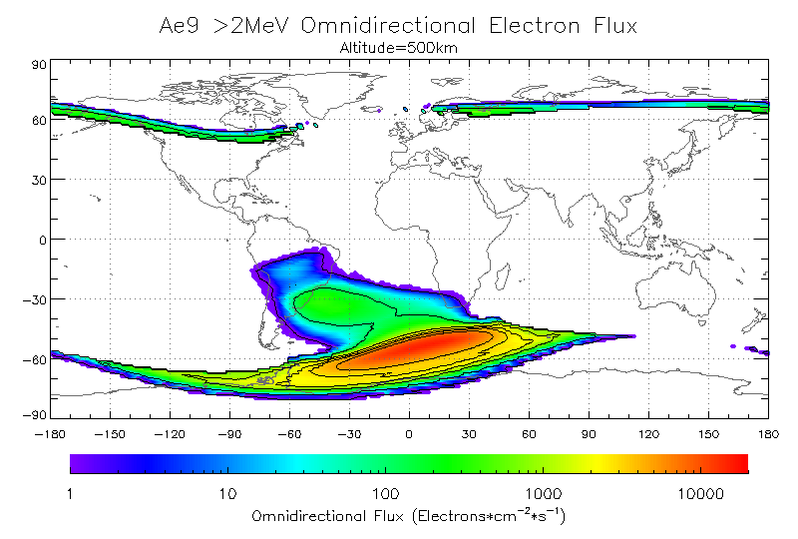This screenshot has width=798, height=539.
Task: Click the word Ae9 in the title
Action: click(181, 24)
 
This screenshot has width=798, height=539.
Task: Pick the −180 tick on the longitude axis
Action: click(50, 434)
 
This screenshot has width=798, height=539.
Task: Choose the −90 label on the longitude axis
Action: click(229, 434)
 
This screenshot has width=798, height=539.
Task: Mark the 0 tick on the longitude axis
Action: click(409, 434)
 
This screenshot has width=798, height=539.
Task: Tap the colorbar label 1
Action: click(70, 492)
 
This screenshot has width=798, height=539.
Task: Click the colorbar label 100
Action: click(385, 492)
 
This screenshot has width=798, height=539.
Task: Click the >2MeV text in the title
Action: click(245, 24)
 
